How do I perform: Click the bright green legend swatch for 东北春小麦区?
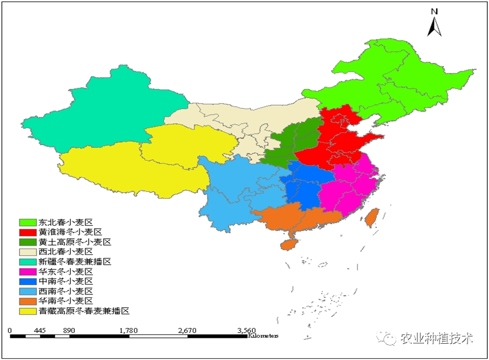click(x=27, y=222)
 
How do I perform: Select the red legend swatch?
click(x=27, y=232)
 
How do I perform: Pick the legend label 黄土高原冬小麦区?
click(x=74, y=242)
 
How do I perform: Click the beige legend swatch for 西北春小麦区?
click(x=27, y=251)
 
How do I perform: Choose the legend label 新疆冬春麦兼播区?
click(x=74, y=261)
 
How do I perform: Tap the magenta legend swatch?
click(x=27, y=271)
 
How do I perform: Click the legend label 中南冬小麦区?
click(x=66, y=281)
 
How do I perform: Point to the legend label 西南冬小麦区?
click(x=66, y=291)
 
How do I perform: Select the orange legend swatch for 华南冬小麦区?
click(x=27, y=301)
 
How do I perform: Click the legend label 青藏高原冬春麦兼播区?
click(x=83, y=311)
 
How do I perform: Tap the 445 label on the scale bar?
click(x=40, y=330)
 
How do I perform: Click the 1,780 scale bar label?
click(x=128, y=330)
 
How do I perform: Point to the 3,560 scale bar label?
click(x=246, y=330)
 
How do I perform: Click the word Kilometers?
click(x=263, y=336)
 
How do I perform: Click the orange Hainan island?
click(x=288, y=243)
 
